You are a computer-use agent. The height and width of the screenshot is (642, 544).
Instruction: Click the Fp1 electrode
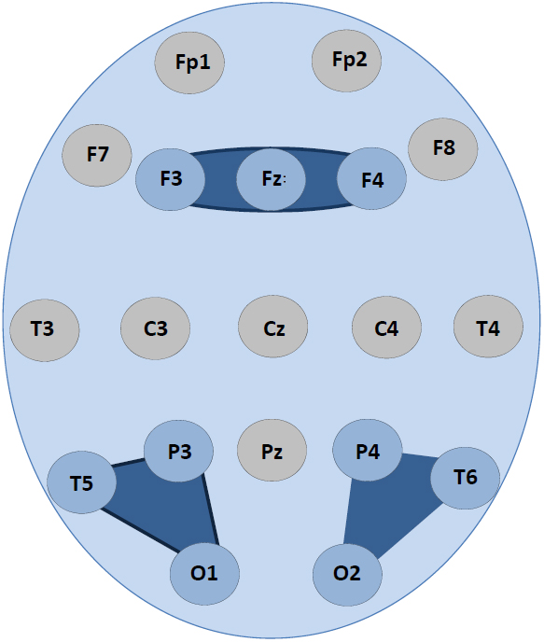[189, 63]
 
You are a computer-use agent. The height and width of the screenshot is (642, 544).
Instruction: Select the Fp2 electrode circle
[347, 61]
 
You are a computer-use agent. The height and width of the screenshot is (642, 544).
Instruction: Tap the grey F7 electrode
[97, 156]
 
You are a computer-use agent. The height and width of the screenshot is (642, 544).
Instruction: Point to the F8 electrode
[443, 149]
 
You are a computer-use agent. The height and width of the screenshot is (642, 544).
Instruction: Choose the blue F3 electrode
[170, 179]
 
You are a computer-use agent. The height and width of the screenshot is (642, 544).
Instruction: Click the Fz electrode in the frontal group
[271, 179]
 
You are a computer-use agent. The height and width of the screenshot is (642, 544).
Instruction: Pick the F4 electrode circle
[371, 178]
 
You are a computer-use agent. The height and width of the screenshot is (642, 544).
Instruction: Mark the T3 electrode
[45, 330]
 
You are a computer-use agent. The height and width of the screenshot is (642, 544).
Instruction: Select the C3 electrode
[156, 328]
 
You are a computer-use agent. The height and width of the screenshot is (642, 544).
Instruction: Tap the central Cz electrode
[273, 327]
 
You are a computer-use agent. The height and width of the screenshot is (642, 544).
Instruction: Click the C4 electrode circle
[387, 328]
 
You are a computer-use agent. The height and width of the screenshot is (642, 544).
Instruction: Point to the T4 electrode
[488, 327]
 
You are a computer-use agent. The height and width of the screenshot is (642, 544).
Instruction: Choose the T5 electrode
[82, 482]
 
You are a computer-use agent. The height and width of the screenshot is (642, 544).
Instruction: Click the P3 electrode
[179, 451]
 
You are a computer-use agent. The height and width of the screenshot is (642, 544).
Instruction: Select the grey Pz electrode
[272, 451]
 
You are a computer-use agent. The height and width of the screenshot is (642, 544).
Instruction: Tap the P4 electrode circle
[367, 450]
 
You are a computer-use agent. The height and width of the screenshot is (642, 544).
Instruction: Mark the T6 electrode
[466, 478]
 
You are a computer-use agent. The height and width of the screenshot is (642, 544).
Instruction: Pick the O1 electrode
[204, 574]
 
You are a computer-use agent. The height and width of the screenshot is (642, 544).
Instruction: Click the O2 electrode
[347, 575]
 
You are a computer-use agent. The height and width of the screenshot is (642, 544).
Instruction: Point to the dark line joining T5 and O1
[140, 530]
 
